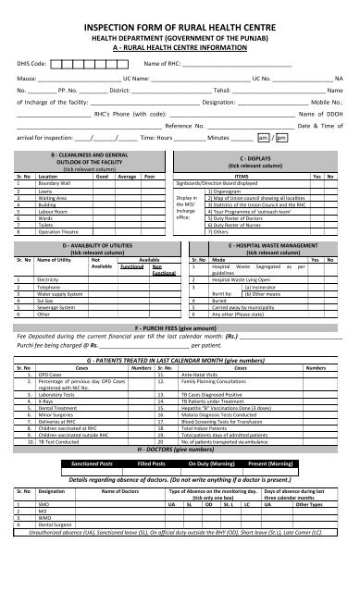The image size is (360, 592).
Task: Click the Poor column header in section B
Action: tap(151, 173)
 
